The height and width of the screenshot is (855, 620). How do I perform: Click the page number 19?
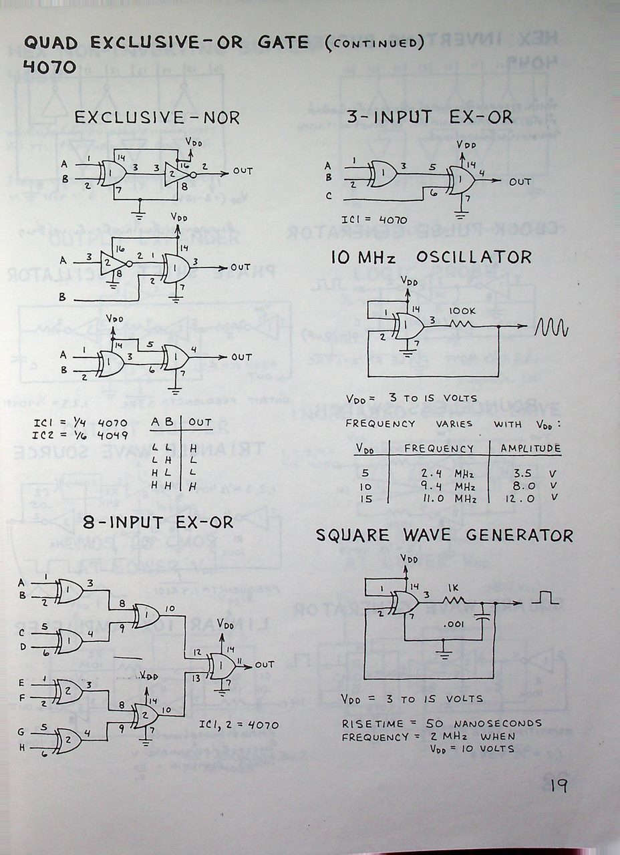pos(559,785)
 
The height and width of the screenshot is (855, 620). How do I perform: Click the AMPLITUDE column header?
pos(530,448)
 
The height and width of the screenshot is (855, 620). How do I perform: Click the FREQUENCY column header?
pos(439,448)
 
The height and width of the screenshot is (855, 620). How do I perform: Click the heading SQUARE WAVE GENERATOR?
pos(444,536)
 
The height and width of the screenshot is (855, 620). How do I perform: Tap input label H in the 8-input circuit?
pos(22,747)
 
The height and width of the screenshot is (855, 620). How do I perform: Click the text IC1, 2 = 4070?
pos(239,725)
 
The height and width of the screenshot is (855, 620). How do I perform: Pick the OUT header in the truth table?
pos(200,422)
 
